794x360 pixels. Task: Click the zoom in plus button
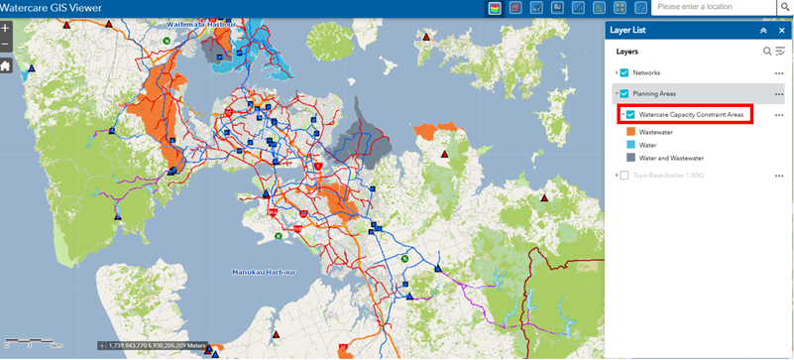tap(6, 29)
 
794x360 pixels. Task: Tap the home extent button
tap(6, 65)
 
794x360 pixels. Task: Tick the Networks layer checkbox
tap(624, 72)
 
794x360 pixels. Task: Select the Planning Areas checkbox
tap(624, 94)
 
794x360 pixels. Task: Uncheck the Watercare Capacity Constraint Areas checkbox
tap(630, 115)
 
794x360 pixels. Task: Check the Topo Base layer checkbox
tap(624, 176)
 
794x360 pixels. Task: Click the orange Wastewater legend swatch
tap(630, 132)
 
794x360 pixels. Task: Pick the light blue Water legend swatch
tap(630, 145)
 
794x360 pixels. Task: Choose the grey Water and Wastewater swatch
tap(630, 158)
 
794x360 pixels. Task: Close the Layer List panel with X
tap(780, 31)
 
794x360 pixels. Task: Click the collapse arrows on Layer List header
tap(763, 31)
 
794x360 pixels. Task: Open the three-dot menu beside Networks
tap(779, 73)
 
